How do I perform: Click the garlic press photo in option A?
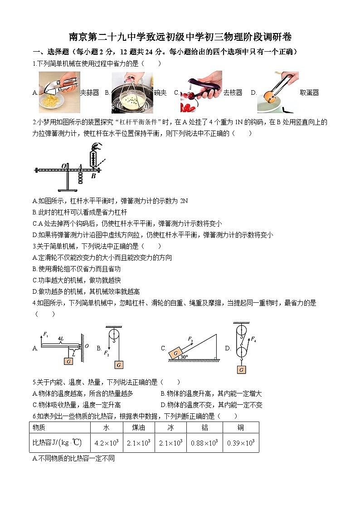[x=59, y=92]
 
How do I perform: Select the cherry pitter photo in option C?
[x=200, y=92]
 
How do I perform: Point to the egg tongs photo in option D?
[x=277, y=92]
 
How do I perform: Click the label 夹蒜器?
[x=89, y=93]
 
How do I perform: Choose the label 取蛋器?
[x=309, y=93]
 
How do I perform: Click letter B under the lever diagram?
[x=93, y=176]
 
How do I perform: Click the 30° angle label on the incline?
[x=184, y=357]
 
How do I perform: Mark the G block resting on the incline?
[x=175, y=353]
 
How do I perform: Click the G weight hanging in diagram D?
[x=241, y=369]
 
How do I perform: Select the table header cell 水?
[x=107, y=427]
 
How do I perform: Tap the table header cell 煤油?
[x=138, y=427]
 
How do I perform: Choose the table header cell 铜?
[x=241, y=427]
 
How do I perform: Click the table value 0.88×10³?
[x=204, y=443]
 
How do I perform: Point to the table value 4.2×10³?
[x=107, y=443]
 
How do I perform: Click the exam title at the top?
[x=180, y=37]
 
